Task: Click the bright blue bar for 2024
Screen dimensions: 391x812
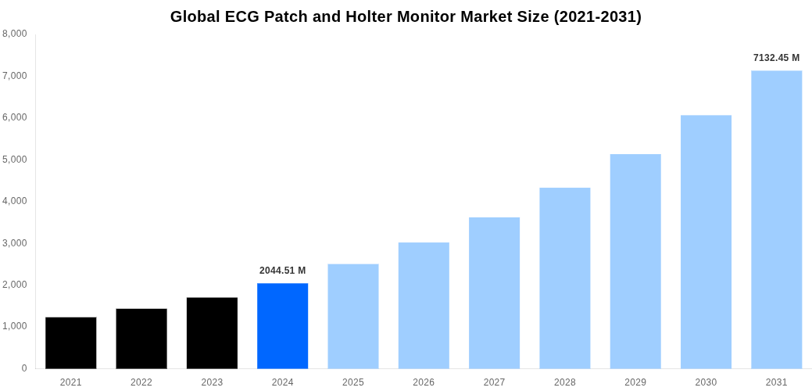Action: (282, 325)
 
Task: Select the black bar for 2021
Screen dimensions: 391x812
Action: (70, 343)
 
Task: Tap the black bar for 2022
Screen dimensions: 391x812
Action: (141, 338)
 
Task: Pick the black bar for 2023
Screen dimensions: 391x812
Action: (212, 332)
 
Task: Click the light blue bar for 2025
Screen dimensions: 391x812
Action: (352, 316)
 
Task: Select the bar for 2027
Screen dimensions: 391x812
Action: (494, 292)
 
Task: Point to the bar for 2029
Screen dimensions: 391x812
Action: (635, 261)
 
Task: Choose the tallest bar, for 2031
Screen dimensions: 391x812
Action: (776, 219)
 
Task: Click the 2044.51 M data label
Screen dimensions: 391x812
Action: (282, 271)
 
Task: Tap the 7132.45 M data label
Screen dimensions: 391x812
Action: (776, 58)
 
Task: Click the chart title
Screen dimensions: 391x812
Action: (406, 16)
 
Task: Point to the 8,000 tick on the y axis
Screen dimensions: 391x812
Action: (15, 34)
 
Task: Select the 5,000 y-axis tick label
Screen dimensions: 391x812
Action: (15, 160)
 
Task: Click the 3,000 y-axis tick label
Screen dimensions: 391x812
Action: (15, 243)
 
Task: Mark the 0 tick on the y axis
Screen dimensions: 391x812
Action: (24, 368)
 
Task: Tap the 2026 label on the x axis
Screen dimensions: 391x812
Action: (424, 382)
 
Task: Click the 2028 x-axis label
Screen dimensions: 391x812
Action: (564, 382)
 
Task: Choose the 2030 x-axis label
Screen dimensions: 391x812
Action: (706, 382)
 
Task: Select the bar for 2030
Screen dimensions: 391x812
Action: (706, 242)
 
